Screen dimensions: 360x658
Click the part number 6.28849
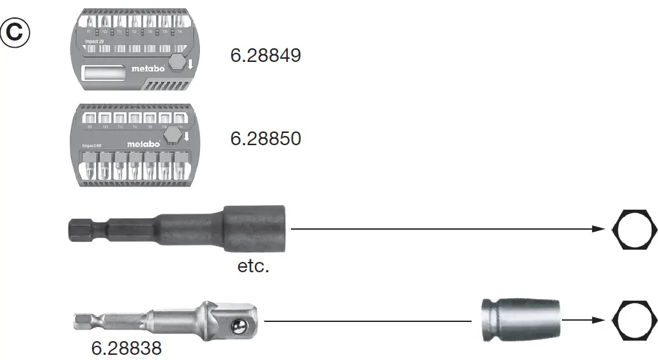(265, 56)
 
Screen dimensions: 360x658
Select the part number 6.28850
(265, 139)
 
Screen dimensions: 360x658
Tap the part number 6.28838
(126, 348)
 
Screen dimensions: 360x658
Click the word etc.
(253, 266)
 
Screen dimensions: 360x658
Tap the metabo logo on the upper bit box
(149, 68)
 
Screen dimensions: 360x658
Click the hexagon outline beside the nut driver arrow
(634, 229)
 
